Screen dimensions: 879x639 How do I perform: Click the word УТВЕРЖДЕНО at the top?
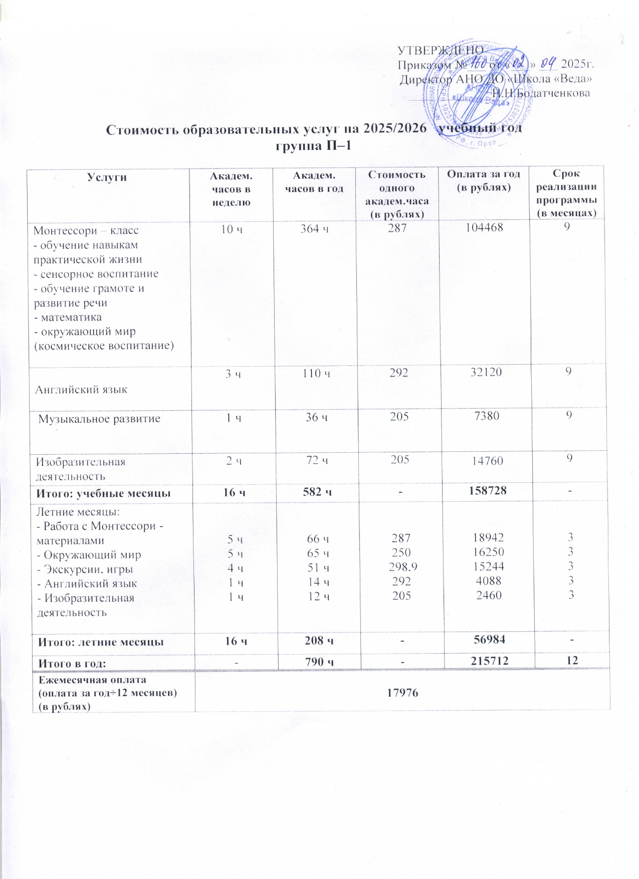440,51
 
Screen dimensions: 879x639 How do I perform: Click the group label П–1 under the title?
314,146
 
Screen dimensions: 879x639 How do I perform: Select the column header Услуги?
107,177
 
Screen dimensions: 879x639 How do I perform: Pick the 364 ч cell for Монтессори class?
314,229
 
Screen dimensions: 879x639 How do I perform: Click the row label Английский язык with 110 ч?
81,389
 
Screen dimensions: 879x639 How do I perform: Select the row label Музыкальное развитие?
99,419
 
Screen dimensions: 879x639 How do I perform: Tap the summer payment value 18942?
489,538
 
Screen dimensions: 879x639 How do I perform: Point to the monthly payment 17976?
403,693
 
